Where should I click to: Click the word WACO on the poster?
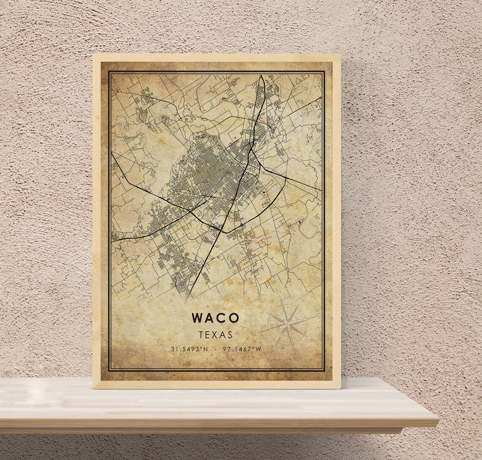[x=215, y=318]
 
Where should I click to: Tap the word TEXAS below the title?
[x=216, y=335]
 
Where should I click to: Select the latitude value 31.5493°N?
[x=189, y=349]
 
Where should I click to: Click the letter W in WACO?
[x=197, y=318]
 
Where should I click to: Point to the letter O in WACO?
[x=234, y=318]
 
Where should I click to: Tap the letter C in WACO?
[x=222, y=318]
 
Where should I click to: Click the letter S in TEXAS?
[x=230, y=335]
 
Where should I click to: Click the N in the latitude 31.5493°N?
[x=205, y=349]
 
